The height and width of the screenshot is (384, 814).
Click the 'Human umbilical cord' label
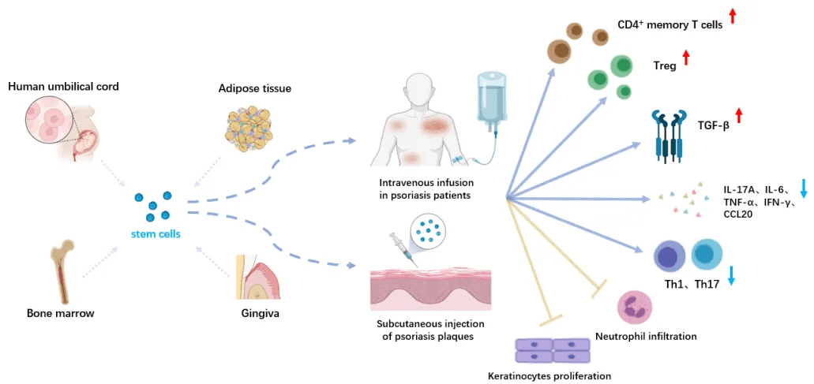click(63, 87)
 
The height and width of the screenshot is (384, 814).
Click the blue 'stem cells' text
click(156, 233)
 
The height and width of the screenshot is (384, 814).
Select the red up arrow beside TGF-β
click(738, 117)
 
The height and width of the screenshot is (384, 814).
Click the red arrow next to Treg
click(685, 58)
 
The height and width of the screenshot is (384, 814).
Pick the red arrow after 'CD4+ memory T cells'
click(733, 15)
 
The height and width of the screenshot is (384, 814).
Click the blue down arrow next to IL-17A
click(804, 188)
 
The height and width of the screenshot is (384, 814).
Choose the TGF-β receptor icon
click(669, 136)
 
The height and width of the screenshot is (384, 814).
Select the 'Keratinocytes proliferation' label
click(550, 375)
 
